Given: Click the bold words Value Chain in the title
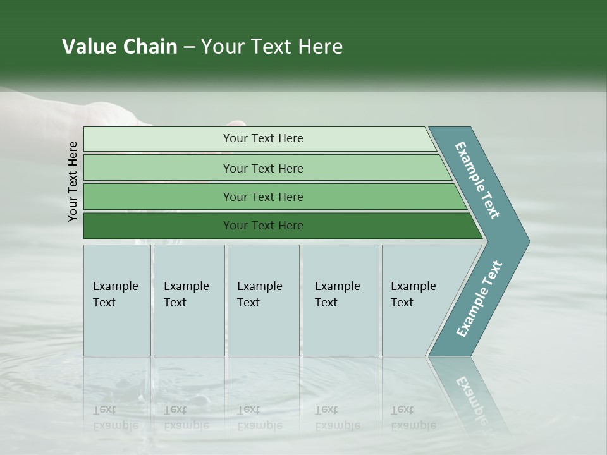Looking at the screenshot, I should pos(120,47).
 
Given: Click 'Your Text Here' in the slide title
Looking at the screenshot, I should pos(272,47).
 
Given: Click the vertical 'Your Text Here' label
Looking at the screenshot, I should pos(73,181).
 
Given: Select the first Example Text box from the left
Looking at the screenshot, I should pos(117,300).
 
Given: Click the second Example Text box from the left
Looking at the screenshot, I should pos(189,300).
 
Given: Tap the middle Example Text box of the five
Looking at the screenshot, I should pos(263,300).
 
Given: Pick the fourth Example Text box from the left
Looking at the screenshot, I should pos(341,300).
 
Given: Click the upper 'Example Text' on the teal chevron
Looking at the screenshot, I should pos(477,180).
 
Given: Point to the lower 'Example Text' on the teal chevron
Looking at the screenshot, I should pos(479,299).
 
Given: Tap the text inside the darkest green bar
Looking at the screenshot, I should pos(263,226).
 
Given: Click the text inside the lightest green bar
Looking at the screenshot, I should pos(263,138).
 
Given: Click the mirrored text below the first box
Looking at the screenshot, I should pos(115,418).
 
